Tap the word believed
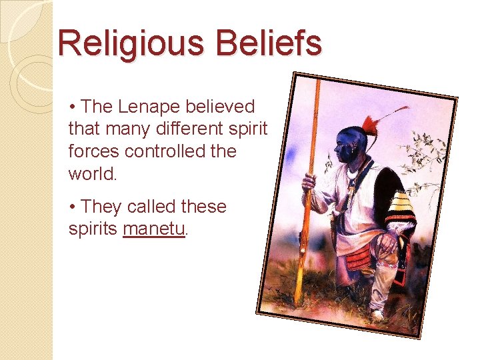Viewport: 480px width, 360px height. pos(221,107)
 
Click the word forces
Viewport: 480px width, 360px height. pos(90,151)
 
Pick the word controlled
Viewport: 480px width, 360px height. pos(161,151)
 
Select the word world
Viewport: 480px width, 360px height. pos(91,173)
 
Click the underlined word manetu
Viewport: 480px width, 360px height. pos(154,229)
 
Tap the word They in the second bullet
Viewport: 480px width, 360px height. pos(101,207)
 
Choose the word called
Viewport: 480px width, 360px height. pos(150,207)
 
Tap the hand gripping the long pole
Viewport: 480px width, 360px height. pos(309,181)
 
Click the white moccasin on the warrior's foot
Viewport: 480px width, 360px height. pos(377,313)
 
